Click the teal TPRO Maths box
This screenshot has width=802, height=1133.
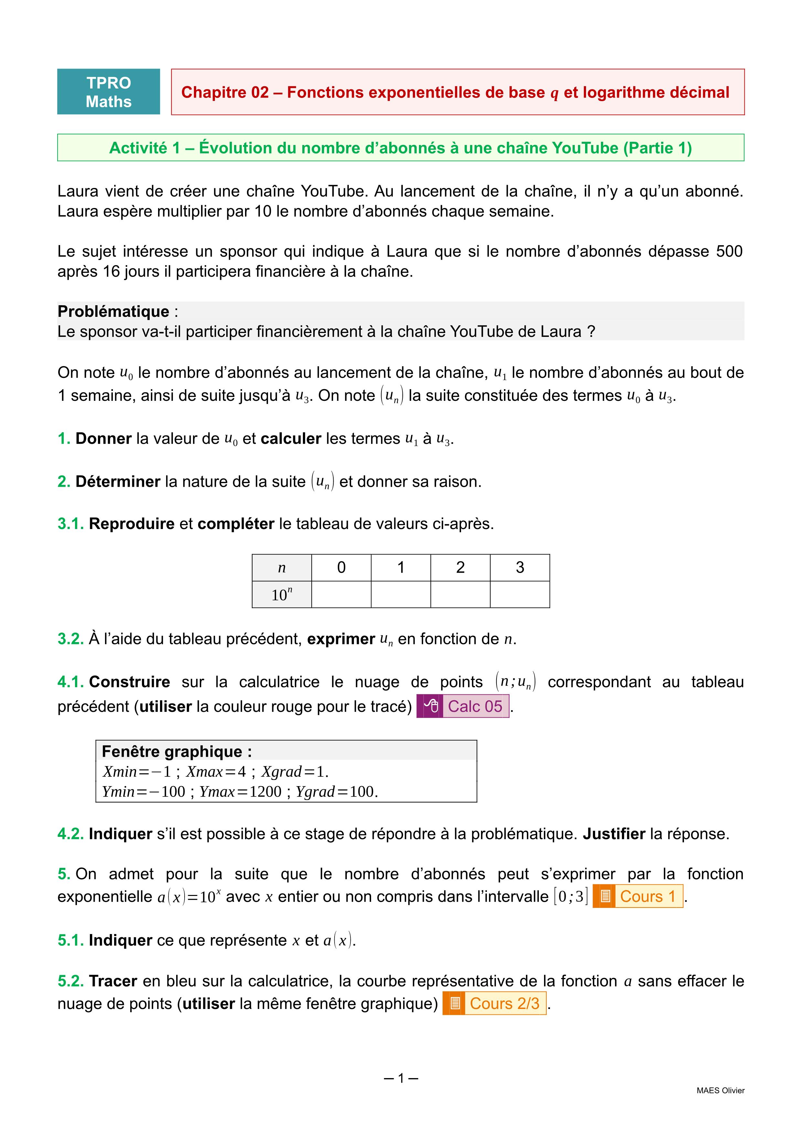point(109,92)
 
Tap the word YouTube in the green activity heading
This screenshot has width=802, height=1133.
point(585,148)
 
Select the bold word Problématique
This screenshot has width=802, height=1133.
point(113,311)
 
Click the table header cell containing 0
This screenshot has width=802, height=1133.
point(341,567)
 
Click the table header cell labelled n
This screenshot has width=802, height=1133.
point(282,567)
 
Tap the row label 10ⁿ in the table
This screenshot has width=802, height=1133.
point(282,595)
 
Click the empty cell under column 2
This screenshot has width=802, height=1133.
point(460,595)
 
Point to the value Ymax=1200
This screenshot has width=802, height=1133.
point(241,792)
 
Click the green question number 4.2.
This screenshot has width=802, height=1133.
point(70,834)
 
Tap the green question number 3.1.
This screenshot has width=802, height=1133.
point(70,524)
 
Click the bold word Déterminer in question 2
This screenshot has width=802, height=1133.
point(118,482)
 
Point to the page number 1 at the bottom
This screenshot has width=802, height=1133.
point(401,1078)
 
